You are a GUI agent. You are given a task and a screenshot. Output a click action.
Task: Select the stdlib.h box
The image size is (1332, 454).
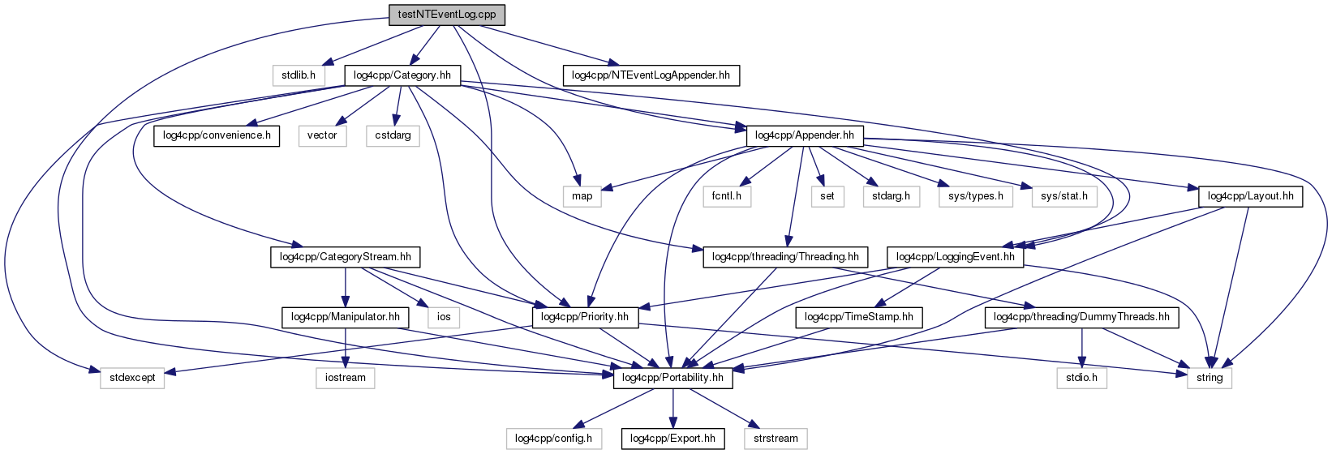tap(299, 75)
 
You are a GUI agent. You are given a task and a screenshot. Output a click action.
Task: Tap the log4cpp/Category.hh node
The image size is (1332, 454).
tap(402, 75)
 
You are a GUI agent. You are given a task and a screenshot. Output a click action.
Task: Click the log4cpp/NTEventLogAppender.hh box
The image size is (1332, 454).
tap(651, 75)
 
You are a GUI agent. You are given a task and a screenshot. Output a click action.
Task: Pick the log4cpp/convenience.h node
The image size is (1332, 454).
tap(217, 135)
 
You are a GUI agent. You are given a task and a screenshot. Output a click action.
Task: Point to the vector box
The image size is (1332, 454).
tap(322, 135)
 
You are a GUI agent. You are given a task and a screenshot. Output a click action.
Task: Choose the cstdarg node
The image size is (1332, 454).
tap(393, 135)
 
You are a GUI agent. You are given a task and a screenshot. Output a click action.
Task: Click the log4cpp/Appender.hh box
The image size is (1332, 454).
tap(804, 135)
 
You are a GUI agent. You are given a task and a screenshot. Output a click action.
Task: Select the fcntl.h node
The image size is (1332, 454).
tap(728, 195)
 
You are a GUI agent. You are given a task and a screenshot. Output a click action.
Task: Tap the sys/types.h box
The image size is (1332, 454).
tap(976, 195)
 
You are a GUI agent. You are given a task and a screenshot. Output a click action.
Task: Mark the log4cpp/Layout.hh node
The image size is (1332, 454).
tap(1250, 195)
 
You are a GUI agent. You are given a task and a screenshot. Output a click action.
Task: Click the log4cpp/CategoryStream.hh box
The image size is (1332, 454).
tap(345, 257)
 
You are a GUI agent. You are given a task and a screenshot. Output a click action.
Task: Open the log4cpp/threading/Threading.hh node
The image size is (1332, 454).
tap(784, 257)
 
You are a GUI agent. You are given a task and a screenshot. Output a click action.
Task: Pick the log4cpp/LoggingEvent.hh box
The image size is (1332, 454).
tap(955, 257)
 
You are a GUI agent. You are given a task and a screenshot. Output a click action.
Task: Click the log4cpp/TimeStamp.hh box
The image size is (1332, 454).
tap(860, 317)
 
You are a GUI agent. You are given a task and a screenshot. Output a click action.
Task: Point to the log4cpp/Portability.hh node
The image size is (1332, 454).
tap(672, 378)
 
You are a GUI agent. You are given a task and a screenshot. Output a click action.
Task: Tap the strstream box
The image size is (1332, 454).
tap(776, 439)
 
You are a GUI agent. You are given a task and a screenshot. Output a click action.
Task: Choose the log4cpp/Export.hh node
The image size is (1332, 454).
tap(672, 439)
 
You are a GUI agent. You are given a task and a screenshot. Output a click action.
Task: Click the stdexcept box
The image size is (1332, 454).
tap(132, 378)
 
